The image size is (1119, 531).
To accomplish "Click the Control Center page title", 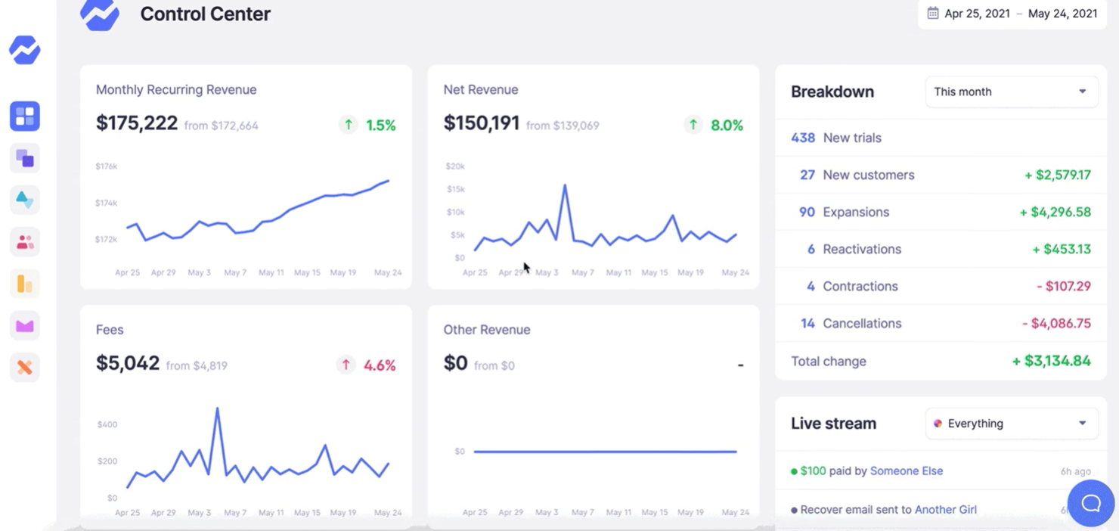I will pos(205,14).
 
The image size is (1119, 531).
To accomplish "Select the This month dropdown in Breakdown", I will pos(1011,92).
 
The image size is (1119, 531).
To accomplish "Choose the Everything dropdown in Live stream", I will pos(1011,424).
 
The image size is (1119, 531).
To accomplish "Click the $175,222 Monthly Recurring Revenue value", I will pos(137,123).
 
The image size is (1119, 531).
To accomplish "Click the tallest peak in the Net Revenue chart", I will pos(564,185).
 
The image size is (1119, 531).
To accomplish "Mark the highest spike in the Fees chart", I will pos(218,409).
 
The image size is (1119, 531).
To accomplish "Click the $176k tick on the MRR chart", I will pos(106,166).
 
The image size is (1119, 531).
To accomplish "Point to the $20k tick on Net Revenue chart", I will pos(454,166).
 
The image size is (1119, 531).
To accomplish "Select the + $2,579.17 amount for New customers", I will pos(1057,175).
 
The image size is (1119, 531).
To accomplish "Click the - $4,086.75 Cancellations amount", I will pos(1056,323).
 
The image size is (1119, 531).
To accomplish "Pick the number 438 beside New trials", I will pos(803,138).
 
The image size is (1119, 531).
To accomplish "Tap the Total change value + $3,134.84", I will pos(1051,361).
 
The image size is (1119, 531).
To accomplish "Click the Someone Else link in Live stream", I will pos(907,470).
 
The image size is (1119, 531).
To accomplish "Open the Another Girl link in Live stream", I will pos(945,509).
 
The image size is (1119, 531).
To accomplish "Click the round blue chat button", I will pos(1090,503).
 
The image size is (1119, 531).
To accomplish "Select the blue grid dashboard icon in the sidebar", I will pos(25,116).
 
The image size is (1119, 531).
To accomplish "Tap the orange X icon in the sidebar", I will pos(25,368).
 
